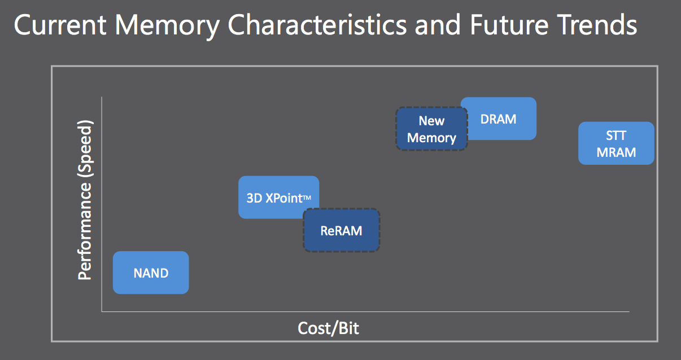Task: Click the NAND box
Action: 151,273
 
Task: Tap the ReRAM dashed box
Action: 342,230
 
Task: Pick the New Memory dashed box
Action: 431,129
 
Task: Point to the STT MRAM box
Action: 616,143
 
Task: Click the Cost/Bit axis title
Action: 328,328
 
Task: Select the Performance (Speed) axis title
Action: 85,200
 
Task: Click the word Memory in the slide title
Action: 167,26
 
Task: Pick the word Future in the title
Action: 509,25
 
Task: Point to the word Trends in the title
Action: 596,25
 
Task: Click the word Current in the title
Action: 60,25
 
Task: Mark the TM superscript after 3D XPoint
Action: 307,198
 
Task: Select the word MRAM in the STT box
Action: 616,152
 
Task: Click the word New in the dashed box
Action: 431,121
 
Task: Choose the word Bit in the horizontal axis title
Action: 348,328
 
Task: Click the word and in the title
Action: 438,25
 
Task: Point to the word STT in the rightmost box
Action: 616,135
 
